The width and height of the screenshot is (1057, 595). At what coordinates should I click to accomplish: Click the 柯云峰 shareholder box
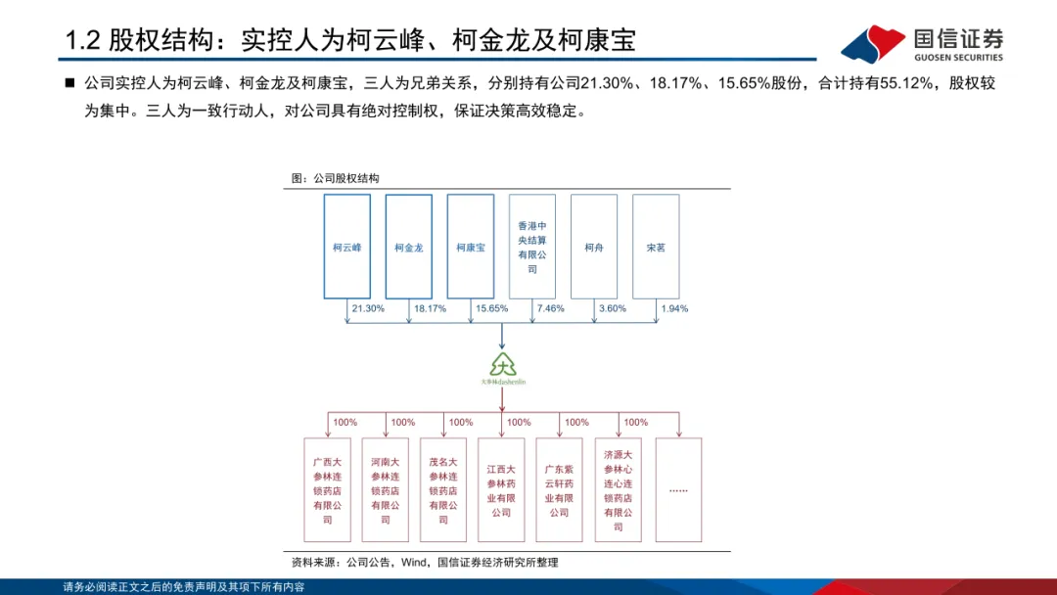[347, 247]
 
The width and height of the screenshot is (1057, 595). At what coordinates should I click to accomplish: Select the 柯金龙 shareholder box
[409, 247]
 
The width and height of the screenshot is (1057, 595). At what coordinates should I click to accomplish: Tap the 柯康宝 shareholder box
[471, 247]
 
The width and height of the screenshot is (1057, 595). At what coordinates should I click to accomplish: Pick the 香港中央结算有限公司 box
[532, 247]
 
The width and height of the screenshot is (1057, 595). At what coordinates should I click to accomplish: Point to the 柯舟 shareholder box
[594, 247]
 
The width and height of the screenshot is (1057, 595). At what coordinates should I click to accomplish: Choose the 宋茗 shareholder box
[656, 247]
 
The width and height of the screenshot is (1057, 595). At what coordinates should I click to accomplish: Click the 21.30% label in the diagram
[368, 308]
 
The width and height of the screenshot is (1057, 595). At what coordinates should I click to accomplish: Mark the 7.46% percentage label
[551, 308]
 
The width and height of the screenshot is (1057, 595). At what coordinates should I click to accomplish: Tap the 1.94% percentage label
[674, 308]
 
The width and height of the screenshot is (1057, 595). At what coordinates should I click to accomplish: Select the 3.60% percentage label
[612, 308]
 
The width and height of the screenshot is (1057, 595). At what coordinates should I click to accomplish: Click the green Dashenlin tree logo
[502, 367]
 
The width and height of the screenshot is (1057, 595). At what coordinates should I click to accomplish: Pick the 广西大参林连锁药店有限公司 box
[328, 489]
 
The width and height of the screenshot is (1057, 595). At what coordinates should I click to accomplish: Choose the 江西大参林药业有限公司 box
[502, 489]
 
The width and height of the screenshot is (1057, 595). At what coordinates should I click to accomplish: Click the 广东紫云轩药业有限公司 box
[559, 489]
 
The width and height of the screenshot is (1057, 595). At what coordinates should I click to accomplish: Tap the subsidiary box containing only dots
[678, 489]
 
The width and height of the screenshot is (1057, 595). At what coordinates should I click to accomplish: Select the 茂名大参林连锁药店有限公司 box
[443, 489]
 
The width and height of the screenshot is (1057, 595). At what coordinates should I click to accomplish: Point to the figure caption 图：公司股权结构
[336, 179]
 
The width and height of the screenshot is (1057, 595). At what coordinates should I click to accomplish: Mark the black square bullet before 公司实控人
[69, 84]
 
